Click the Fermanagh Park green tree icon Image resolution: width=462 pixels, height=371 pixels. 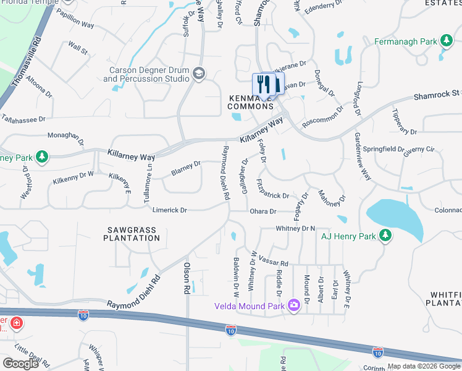[x=446, y=41]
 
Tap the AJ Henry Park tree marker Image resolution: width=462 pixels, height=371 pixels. [x=385, y=235]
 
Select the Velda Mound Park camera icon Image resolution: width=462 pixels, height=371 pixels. [x=293, y=305]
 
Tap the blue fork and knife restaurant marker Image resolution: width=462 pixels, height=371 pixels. [x=262, y=85]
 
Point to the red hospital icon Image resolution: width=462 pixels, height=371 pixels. [x=16, y=323]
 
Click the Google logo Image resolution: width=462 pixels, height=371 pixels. [x=20, y=363]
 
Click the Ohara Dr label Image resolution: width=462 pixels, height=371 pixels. [x=262, y=211]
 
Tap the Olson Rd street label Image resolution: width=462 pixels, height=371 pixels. [x=186, y=278]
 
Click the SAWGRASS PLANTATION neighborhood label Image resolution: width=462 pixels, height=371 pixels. [x=130, y=234]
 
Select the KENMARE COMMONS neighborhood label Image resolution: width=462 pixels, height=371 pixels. [x=251, y=103]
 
